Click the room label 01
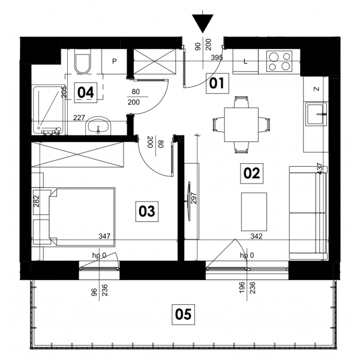(x=217, y=83)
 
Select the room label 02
(x=251, y=173)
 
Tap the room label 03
(x=147, y=211)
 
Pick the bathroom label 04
(x=86, y=92)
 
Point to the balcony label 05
(x=183, y=314)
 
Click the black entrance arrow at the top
(x=203, y=23)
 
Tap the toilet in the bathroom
(x=83, y=64)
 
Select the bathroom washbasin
(x=98, y=126)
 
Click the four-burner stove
(x=279, y=61)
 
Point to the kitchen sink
(x=316, y=115)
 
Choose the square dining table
(x=241, y=125)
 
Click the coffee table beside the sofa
(x=254, y=212)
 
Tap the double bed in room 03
(x=82, y=217)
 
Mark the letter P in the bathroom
(x=115, y=61)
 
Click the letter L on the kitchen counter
(x=245, y=61)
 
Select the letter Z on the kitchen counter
(x=316, y=89)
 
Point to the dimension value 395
(x=217, y=58)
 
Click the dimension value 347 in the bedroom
(x=104, y=236)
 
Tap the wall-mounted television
(x=189, y=202)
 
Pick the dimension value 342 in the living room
(x=256, y=236)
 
